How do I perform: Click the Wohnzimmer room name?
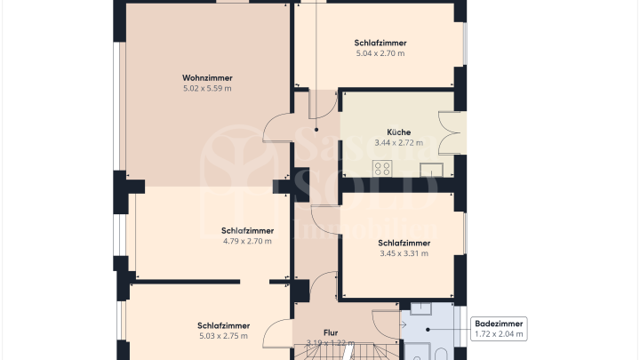pyautogui.click(x=207, y=77)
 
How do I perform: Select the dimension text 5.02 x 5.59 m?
pyautogui.click(x=207, y=88)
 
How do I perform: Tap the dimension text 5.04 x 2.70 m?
pyautogui.click(x=380, y=53)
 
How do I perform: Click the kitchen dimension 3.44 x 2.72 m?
pyautogui.click(x=398, y=142)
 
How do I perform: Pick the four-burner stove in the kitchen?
pyautogui.click(x=383, y=168)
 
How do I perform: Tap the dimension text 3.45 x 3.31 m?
pyautogui.click(x=404, y=253)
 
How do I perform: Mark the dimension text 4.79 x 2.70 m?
pyautogui.click(x=247, y=241)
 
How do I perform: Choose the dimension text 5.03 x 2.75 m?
pyautogui.click(x=223, y=336)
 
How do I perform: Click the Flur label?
pyautogui.click(x=330, y=332)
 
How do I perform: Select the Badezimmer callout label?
pyautogui.click(x=499, y=324)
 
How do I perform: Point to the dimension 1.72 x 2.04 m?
pyautogui.click(x=499, y=334)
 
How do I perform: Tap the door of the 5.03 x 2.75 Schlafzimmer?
pyautogui.click(x=279, y=332)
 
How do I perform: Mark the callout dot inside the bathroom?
pyautogui.click(x=428, y=329)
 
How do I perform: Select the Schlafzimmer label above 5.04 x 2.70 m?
pyautogui.click(x=380, y=43)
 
